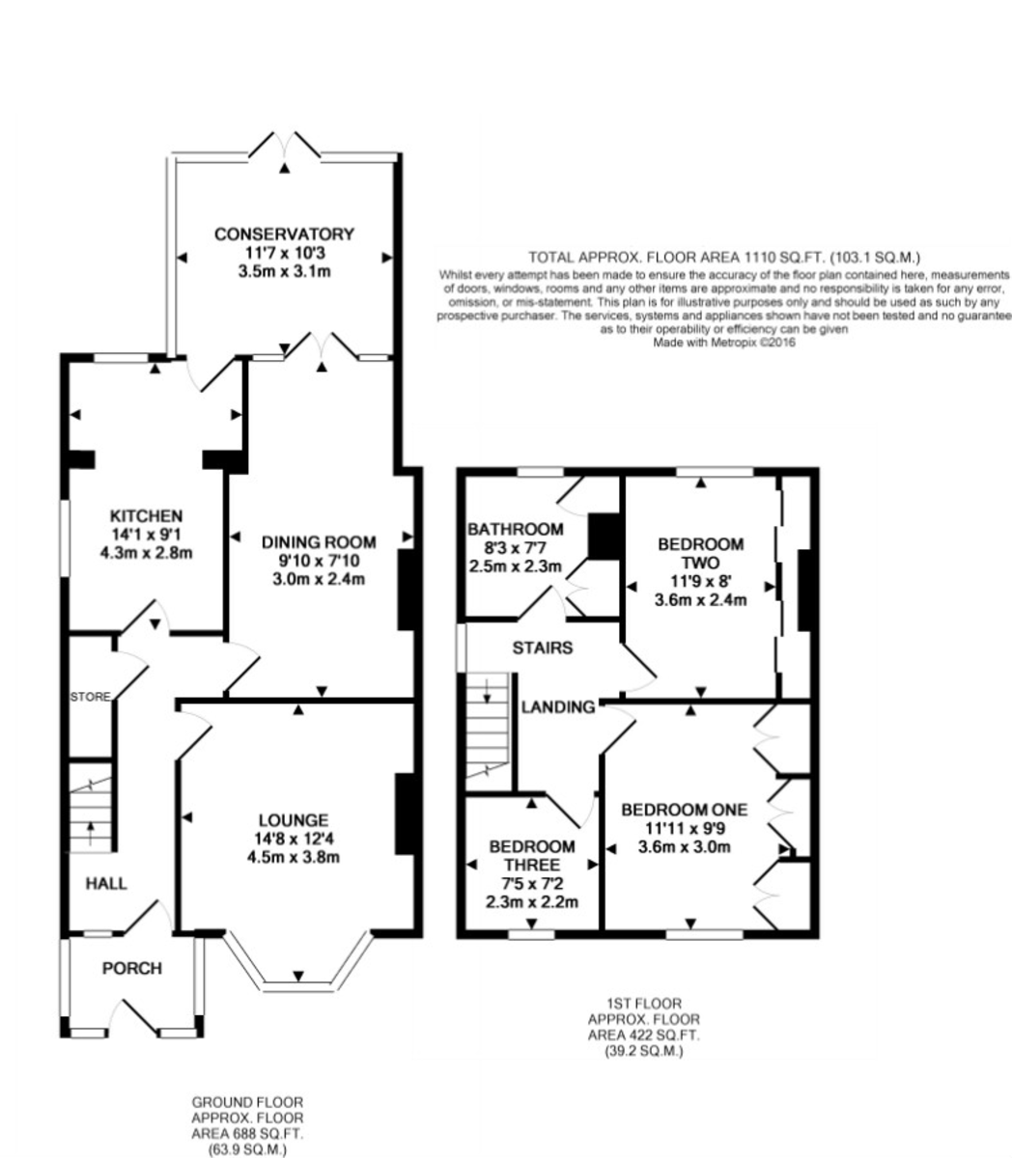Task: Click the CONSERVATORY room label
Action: [x=284, y=234]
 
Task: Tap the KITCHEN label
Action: [x=146, y=515]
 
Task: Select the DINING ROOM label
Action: [x=319, y=542]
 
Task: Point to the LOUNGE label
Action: [x=294, y=820]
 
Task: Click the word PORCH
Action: [x=132, y=969]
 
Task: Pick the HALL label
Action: [x=106, y=884]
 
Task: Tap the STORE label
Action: [x=91, y=697]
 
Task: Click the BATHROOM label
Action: [x=516, y=529]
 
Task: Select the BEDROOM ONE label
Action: [x=685, y=810]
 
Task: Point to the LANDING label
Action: [x=558, y=707]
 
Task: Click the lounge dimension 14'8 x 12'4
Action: [x=294, y=839]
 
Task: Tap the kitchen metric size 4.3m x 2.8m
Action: [x=146, y=552]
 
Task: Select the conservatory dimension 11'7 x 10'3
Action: [x=284, y=253]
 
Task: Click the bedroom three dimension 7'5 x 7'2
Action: [x=532, y=883]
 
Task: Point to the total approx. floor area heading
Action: [x=724, y=258]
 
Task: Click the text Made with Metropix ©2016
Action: [x=724, y=343]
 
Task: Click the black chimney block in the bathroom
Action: [x=604, y=536]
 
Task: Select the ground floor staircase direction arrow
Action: [x=90, y=833]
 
